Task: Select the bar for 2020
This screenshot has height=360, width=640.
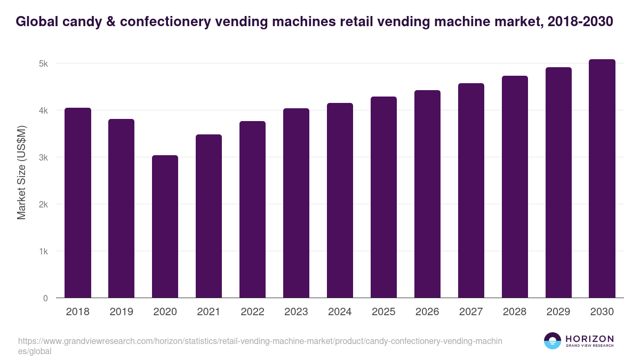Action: pyautogui.click(x=165, y=227)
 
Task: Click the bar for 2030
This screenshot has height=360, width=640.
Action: pyautogui.click(x=602, y=179)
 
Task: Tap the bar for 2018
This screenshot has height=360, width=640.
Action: pyautogui.click(x=78, y=203)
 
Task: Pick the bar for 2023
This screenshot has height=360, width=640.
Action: pyautogui.click(x=296, y=203)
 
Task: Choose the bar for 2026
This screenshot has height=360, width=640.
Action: pyautogui.click(x=427, y=194)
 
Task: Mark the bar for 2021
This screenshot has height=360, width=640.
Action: pyautogui.click(x=209, y=216)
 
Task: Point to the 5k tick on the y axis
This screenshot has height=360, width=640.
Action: pyautogui.click(x=43, y=63)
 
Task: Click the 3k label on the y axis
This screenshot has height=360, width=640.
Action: pyautogui.click(x=43, y=157)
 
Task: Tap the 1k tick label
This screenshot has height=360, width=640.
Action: pyautogui.click(x=43, y=251)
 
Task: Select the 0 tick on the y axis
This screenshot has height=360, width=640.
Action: pyautogui.click(x=45, y=298)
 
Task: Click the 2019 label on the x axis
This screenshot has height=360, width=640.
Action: pyautogui.click(x=122, y=312)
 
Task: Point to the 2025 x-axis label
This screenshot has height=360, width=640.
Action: pyautogui.click(x=383, y=312)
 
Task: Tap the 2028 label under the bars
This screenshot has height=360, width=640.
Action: pyautogui.click(x=515, y=312)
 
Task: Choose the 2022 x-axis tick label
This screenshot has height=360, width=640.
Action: pyautogui.click(x=252, y=312)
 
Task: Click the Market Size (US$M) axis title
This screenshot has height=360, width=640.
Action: pyautogui.click(x=21, y=172)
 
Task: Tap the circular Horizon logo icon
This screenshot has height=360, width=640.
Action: pyautogui.click(x=553, y=341)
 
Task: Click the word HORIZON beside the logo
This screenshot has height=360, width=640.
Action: pyautogui.click(x=589, y=339)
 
